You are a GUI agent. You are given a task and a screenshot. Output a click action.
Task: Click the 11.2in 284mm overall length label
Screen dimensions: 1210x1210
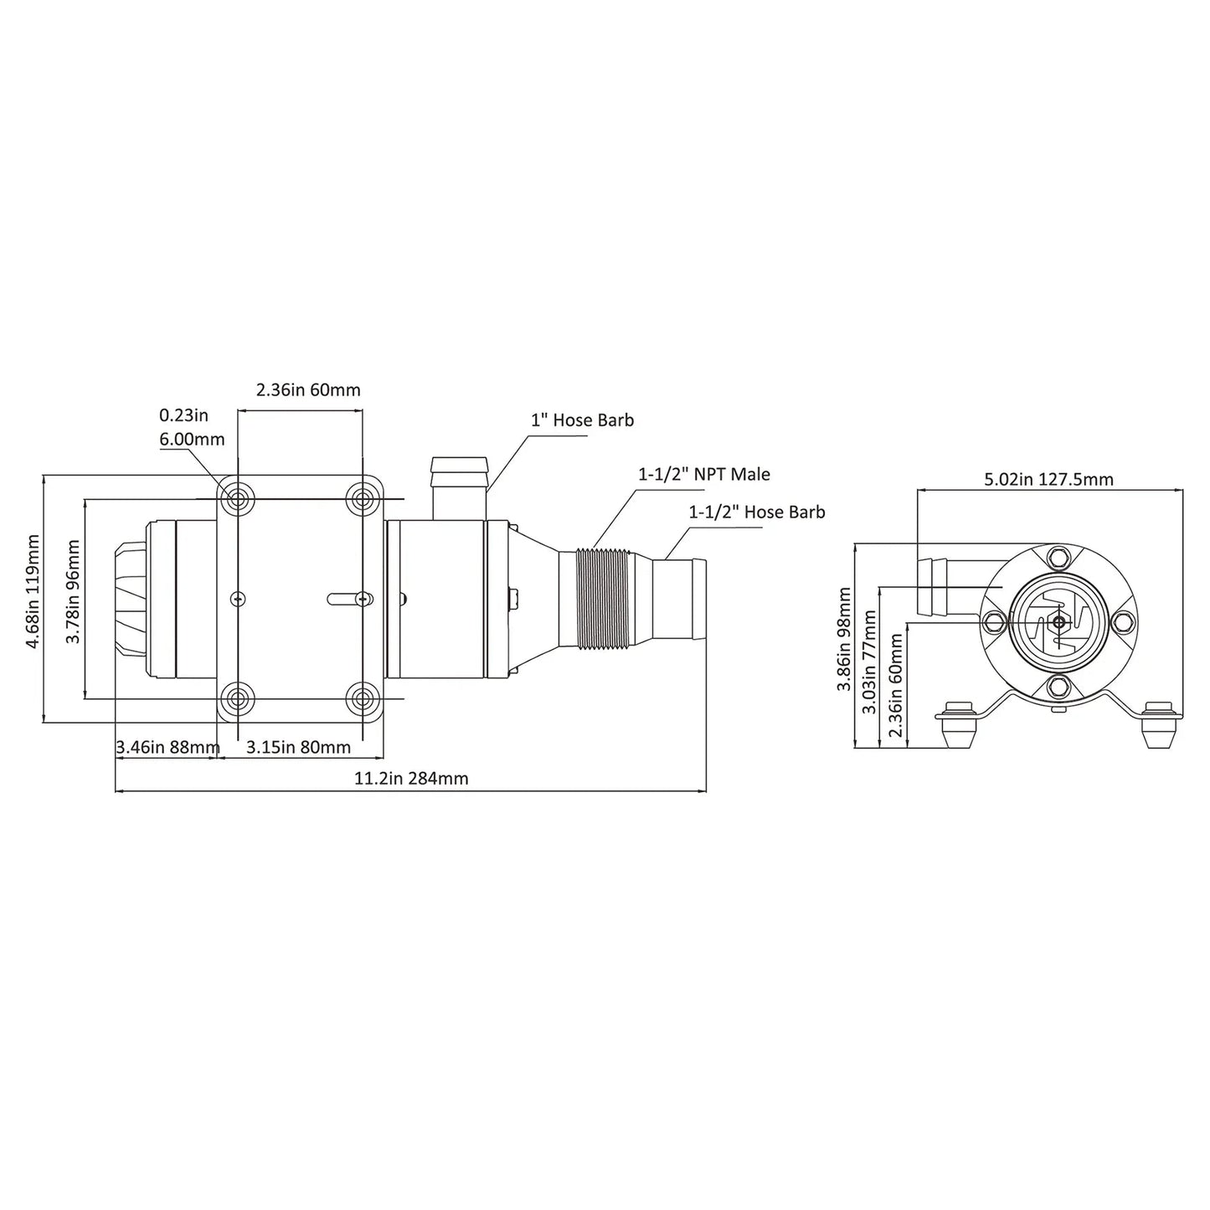click(411, 778)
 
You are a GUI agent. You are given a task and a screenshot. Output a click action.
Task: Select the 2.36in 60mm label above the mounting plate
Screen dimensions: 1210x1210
click(308, 389)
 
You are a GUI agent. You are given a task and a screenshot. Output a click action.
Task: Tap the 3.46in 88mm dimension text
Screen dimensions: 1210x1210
click(167, 747)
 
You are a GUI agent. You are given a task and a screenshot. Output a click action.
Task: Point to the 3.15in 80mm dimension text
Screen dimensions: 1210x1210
click(298, 747)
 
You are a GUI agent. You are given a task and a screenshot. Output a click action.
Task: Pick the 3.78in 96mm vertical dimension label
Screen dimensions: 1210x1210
click(73, 590)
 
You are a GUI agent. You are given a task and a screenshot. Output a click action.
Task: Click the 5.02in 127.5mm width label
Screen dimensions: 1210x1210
click(1048, 479)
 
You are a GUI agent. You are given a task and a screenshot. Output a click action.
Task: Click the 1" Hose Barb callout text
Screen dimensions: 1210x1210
click(582, 420)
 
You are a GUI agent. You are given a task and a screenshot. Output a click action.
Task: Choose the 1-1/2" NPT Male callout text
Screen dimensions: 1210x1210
click(704, 474)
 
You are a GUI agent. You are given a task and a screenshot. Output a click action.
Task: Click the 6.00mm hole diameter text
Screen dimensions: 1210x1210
click(192, 439)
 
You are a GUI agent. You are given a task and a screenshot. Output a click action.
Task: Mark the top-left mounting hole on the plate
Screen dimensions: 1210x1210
click(238, 499)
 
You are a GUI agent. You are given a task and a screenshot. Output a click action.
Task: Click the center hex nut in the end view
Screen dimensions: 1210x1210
click(1059, 620)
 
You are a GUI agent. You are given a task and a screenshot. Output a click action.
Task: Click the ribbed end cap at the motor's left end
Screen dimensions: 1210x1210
click(130, 599)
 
